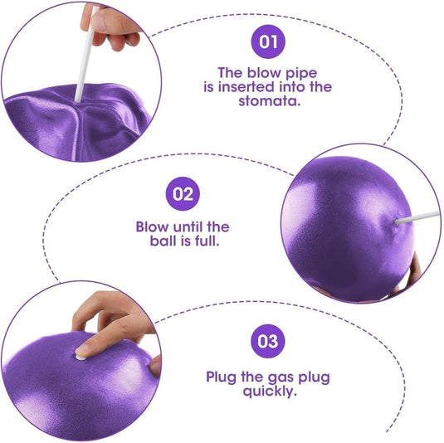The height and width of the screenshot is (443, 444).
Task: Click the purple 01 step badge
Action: coord(268,41)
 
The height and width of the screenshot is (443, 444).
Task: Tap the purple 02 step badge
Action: coord(183,194)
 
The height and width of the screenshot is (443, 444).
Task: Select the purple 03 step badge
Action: coord(267,341)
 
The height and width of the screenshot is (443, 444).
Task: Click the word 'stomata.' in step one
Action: coord(269,101)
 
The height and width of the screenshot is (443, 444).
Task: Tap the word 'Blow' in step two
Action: coord(153,226)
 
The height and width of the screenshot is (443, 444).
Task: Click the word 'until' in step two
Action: coord(188,226)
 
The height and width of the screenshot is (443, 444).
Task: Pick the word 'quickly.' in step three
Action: coord(270,392)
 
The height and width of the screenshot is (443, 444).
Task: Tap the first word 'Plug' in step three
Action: coord(221,377)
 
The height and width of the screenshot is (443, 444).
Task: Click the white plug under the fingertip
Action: coord(81,358)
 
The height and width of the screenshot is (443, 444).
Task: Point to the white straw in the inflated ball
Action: coord(417,217)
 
